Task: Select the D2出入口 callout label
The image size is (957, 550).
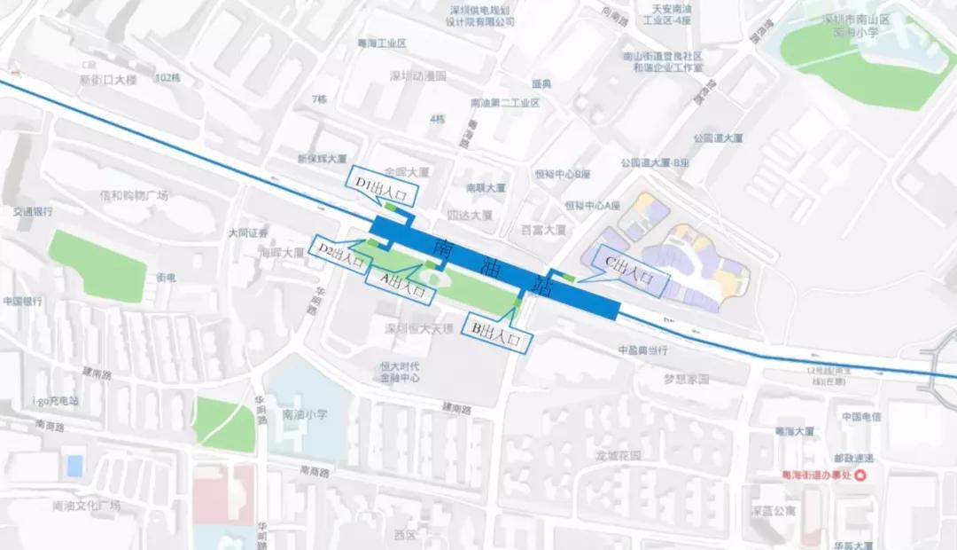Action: click(341, 255)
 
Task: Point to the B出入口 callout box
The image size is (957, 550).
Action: click(501, 333)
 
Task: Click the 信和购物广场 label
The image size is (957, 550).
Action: click(134, 195)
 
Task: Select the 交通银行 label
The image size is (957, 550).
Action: click(33, 212)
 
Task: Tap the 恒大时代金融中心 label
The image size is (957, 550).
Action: click(400, 373)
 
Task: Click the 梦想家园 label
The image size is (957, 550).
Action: click(687, 379)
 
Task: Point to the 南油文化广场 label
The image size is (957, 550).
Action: click(86, 507)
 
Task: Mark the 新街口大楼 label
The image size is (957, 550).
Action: click(108, 80)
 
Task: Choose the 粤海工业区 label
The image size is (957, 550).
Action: click(383, 43)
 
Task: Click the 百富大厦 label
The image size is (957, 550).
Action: click(543, 230)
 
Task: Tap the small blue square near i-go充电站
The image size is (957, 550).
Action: click(75, 465)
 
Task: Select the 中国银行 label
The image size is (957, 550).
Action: click(23, 301)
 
